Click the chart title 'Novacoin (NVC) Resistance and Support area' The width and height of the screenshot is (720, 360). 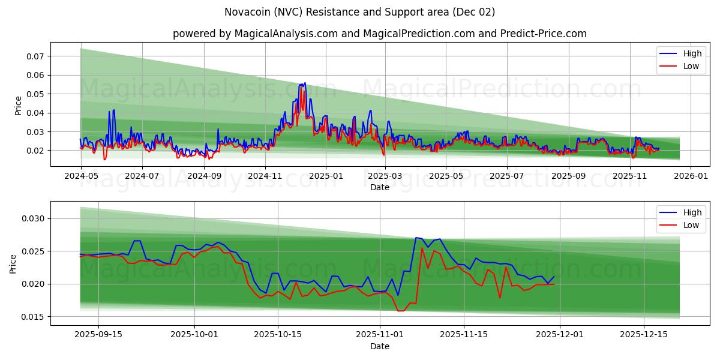(360, 12)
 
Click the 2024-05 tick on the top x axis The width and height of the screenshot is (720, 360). (80, 176)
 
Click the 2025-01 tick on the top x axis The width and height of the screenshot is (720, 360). (325, 176)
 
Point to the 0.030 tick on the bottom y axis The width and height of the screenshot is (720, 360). (34, 218)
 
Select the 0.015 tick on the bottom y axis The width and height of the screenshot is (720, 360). (34, 317)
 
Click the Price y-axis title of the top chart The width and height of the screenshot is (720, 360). (18, 105)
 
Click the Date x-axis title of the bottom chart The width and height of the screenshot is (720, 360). (379, 346)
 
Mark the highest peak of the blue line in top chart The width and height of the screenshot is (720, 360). (305, 83)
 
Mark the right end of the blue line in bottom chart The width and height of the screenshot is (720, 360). (554, 276)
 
